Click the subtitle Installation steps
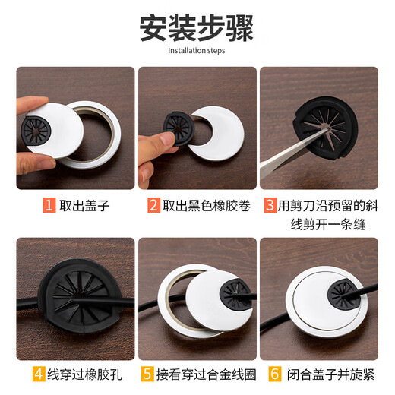click(197, 52)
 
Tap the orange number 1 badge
click(49, 205)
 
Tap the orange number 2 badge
click(153, 205)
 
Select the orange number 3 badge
click(270, 205)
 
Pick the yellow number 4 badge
click(38, 374)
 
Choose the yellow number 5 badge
click(147, 374)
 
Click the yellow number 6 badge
click(271, 374)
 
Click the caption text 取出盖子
click(81, 205)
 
